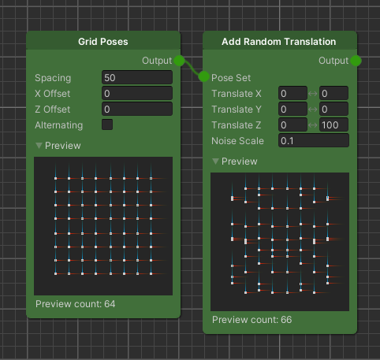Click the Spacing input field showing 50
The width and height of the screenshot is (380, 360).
pyautogui.click(x=137, y=77)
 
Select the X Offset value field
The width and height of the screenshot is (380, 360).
pyautogui.click(x=137, y=93)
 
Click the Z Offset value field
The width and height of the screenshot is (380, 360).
pyautogui.click(x=137, y=109)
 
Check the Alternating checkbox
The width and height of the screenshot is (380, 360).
pyautogui.click(x=107, y=124)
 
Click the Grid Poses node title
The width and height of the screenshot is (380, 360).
pyautogui.click(x=103, y=42)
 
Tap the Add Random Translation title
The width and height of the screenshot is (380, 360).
pyautogui.click(x=279, y=42)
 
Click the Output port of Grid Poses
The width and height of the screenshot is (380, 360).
pyautogui.click(x=179, y=61)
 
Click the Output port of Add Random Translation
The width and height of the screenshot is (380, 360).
pyautogui.click(x=356, y=61)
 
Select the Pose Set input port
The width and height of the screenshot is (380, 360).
pyautogui.click(x=203, y=76)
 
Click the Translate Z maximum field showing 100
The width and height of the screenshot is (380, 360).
pyautogui.click(x=333, y=124)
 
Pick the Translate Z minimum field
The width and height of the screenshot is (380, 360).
pyautogui.click(x=292, y=124)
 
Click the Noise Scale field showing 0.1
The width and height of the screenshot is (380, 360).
pyautogui.click(x=314, y=140)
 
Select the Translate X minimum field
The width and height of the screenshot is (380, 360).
pyautogui.click(x=292, y=93)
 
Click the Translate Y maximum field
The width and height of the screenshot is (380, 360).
pyautogui.click(x=333, y=109)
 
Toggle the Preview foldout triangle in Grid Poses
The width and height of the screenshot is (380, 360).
pyautogui.click(x=39, y=146)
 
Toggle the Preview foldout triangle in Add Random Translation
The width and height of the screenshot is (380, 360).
pyautogui.click(x=215, y=161)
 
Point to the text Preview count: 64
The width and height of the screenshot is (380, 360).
pyautogui.click(x=76, y=304)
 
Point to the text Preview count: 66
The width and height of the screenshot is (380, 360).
pyautogui.click(x=252, y=320)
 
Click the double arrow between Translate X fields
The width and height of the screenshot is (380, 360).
pyautogui.click(x=313, y=94)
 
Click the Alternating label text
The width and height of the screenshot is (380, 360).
pyautogui.click(x=59, y=125)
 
